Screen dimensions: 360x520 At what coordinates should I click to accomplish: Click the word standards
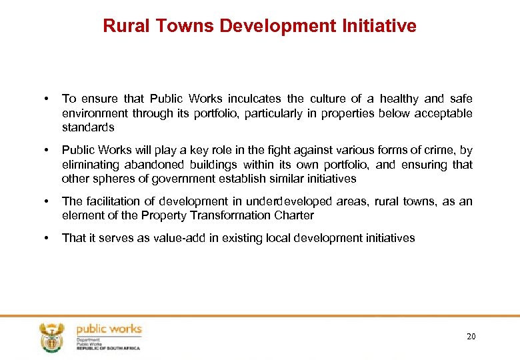(88, 127)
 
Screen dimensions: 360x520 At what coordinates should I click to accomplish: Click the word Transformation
(235, 215)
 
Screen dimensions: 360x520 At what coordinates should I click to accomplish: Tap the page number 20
(471, 336)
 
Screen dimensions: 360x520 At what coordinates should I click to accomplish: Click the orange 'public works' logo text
(109, 329)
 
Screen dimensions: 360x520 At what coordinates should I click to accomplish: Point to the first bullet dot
(44, 99)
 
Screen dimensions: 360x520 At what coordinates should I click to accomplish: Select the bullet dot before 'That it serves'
(44, 238)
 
